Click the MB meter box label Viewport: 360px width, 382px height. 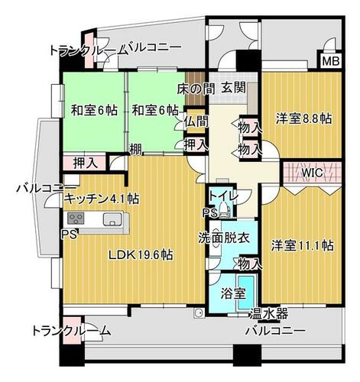coord(331,61)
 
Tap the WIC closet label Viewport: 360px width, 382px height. coord(312,173)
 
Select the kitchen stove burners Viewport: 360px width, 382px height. coord(76,219)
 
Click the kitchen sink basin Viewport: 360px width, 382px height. coord(112,219)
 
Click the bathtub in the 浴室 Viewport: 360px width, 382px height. coord(246,293)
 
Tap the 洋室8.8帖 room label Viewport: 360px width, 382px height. coord(304,118)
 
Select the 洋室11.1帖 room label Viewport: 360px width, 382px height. coord(302,245)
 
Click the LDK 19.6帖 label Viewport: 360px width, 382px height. coord(141,254)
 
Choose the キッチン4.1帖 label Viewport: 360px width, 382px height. coord(102,199)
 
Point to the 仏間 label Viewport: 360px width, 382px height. coord(196,121)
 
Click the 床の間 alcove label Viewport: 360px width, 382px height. coord(196,88)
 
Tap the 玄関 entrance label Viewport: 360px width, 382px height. coord(234,88)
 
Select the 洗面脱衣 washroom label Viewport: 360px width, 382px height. coord(224,238)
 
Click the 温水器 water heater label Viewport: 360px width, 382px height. coord(269,313)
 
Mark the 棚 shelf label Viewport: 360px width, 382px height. coord(136,150)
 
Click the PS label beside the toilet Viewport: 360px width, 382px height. coord(210,213)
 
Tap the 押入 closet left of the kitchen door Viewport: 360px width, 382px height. coord(86,163)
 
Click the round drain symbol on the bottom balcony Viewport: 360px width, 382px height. coord(198,313)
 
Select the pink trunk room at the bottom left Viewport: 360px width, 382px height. coord(72,329)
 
